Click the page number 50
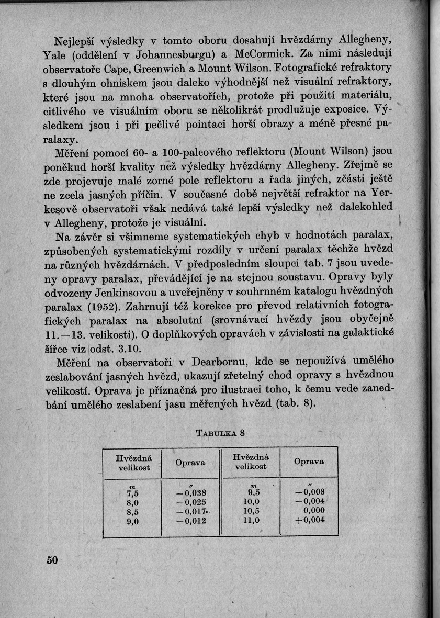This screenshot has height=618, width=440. point(51,560)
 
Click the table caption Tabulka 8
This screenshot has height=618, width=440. point(220,433)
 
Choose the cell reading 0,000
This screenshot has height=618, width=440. point(312,511)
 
